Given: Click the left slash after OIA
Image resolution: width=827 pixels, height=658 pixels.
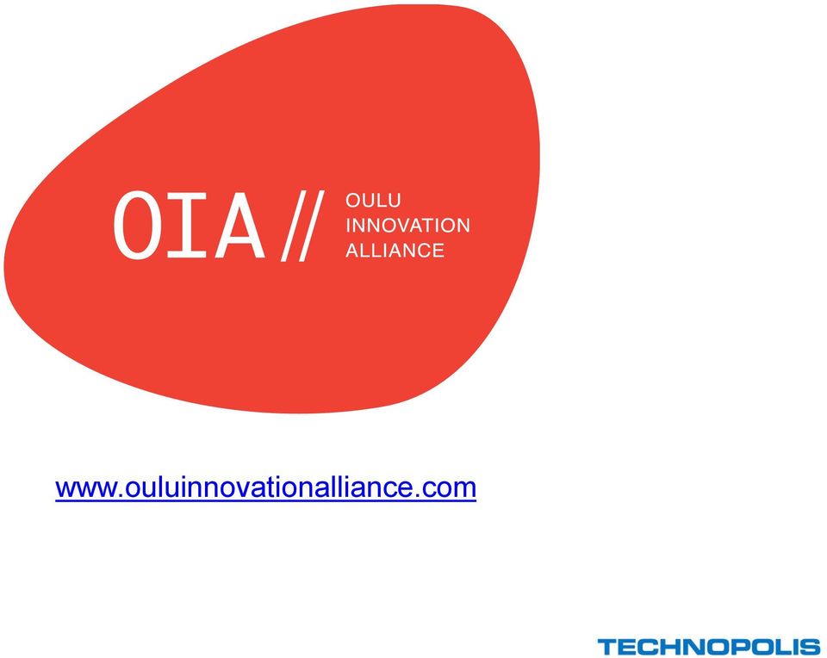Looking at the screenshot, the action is [x=294, y=226].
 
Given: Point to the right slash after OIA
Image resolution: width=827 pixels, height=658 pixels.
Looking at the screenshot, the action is [x=311, y=226].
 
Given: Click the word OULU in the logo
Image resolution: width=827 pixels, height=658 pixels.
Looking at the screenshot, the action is [x=373, y=201].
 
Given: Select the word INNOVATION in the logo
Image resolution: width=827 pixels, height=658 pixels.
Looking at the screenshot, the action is [x=407, y=225].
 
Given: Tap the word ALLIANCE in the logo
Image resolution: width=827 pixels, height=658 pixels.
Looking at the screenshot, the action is [x=395, y=250].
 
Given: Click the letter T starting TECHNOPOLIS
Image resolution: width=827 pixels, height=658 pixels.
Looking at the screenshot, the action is [x=607, y=647].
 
